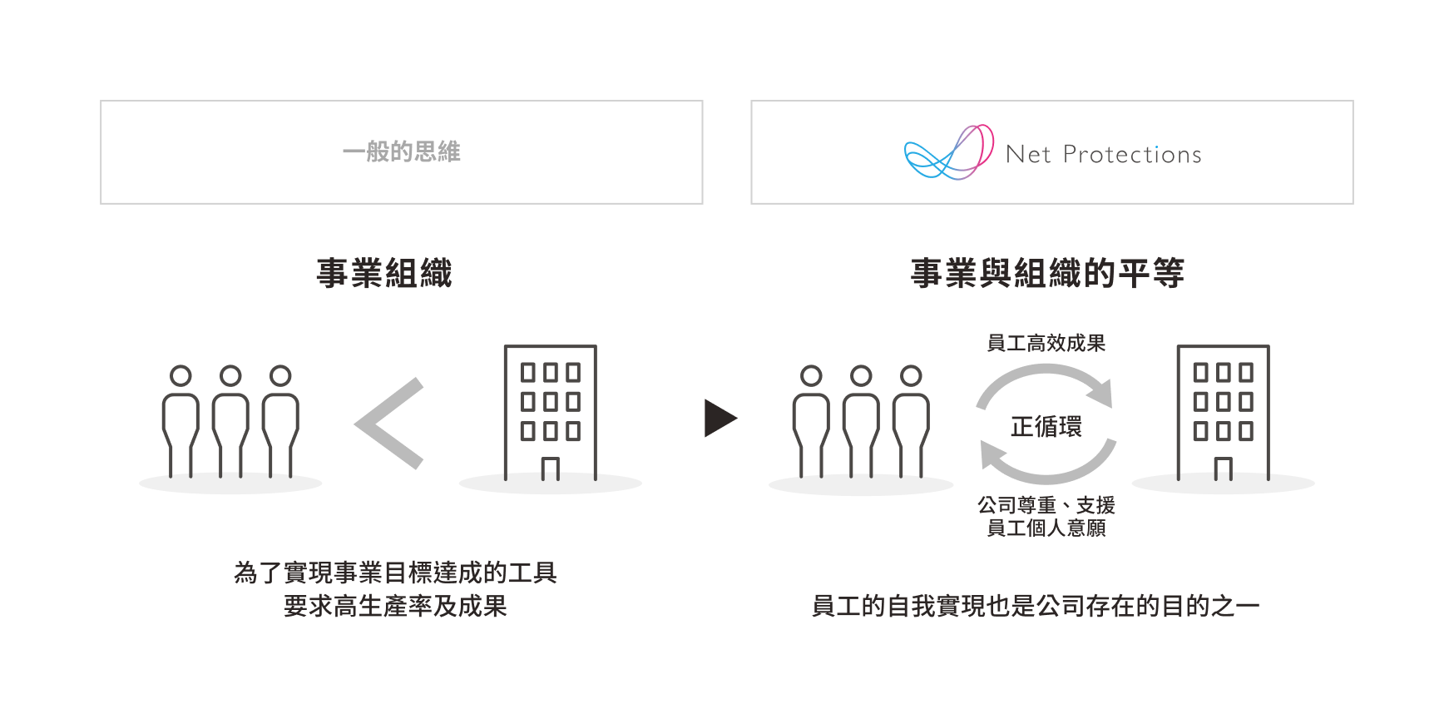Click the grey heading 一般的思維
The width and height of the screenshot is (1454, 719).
(401, 152)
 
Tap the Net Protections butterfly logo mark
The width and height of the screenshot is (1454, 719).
(949, 152)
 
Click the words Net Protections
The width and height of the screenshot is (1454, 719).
(1103, 155)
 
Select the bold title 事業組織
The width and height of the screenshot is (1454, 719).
(384, 273)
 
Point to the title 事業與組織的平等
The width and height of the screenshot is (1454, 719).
(1047, 273)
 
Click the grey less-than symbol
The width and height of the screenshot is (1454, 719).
(389, 424)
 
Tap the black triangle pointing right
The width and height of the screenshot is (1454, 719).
(720, 418)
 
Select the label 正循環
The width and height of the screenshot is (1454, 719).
(1046, 427)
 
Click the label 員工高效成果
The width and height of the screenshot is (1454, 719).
(1046, 343)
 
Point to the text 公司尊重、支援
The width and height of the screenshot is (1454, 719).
(1046, 505)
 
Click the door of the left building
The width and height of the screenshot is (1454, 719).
(550, 469)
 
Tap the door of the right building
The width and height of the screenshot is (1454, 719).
(1223, 469)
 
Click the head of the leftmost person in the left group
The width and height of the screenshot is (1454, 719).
(181, 376)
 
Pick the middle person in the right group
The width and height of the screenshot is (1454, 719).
(861, 421)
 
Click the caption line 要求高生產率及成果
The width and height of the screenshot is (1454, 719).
(395, 606)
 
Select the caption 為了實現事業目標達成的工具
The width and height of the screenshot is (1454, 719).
(395, 573)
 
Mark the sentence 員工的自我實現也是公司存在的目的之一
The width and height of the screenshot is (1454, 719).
(1036, 606)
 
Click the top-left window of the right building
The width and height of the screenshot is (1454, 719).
(1200, 372)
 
